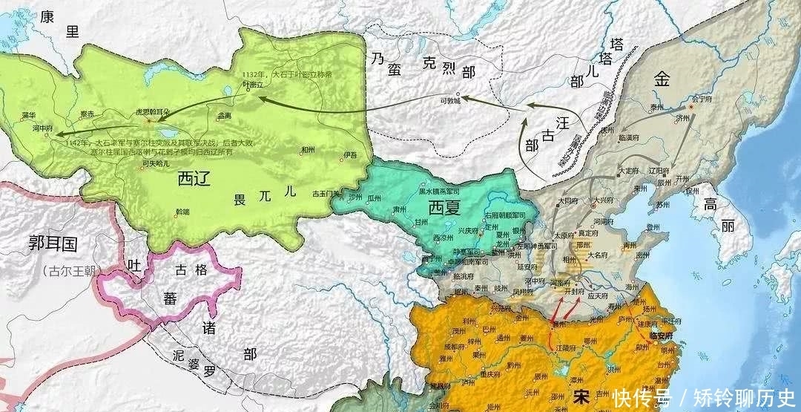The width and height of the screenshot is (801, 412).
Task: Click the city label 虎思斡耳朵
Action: point(153,111)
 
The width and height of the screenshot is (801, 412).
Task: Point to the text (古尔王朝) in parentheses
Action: point(53,270)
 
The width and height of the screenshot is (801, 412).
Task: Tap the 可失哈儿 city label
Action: point(155,163)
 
